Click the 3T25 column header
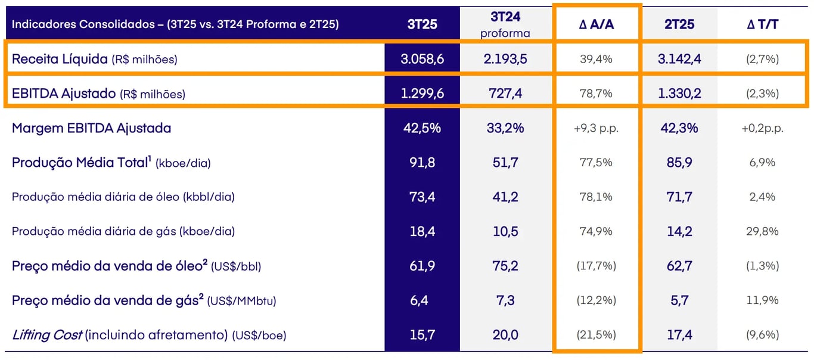[422, 24]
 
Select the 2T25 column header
[679, 24]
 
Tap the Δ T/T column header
[762, 24]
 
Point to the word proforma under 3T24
[505, 34]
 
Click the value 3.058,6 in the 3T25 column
[422, 59]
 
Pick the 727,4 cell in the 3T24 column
[505, 94]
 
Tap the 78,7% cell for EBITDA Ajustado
[596, 94]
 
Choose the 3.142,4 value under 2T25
[679, 59]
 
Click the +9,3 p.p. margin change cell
[596, 128]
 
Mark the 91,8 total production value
[422, 163]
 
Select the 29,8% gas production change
[762, 231]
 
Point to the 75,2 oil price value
[505, 266]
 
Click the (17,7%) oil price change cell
[596, 266]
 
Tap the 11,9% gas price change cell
[762, 300]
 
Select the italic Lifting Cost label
[46, 335]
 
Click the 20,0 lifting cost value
[505, 335]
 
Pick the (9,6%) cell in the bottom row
[762, 335]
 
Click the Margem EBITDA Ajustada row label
[91, 128]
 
